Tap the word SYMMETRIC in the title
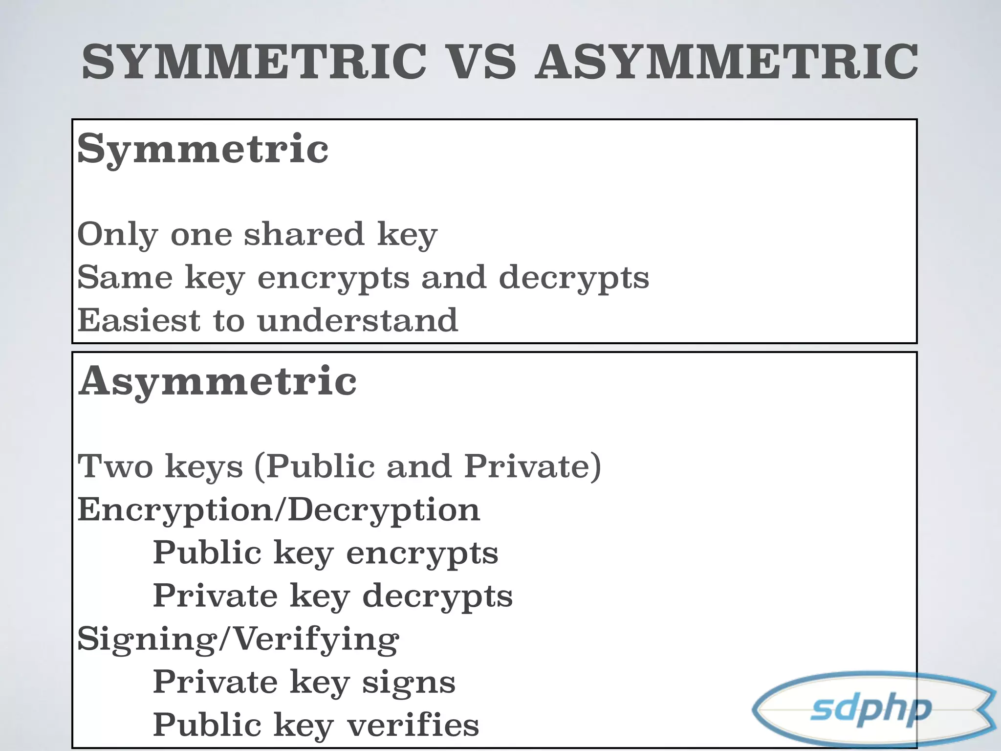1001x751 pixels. coord(254,62)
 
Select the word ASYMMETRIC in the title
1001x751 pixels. coord(726,62)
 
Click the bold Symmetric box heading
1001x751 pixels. coord(203,149)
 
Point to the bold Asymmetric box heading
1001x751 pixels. coord(218,381)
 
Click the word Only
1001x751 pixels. coord(117,235)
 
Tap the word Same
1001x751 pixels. coord(125,277)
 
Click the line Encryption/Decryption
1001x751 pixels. coord(279,510)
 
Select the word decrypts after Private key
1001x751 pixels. coord(437,597)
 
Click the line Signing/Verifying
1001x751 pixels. coord(238,640)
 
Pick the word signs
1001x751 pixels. coord(409,683)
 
